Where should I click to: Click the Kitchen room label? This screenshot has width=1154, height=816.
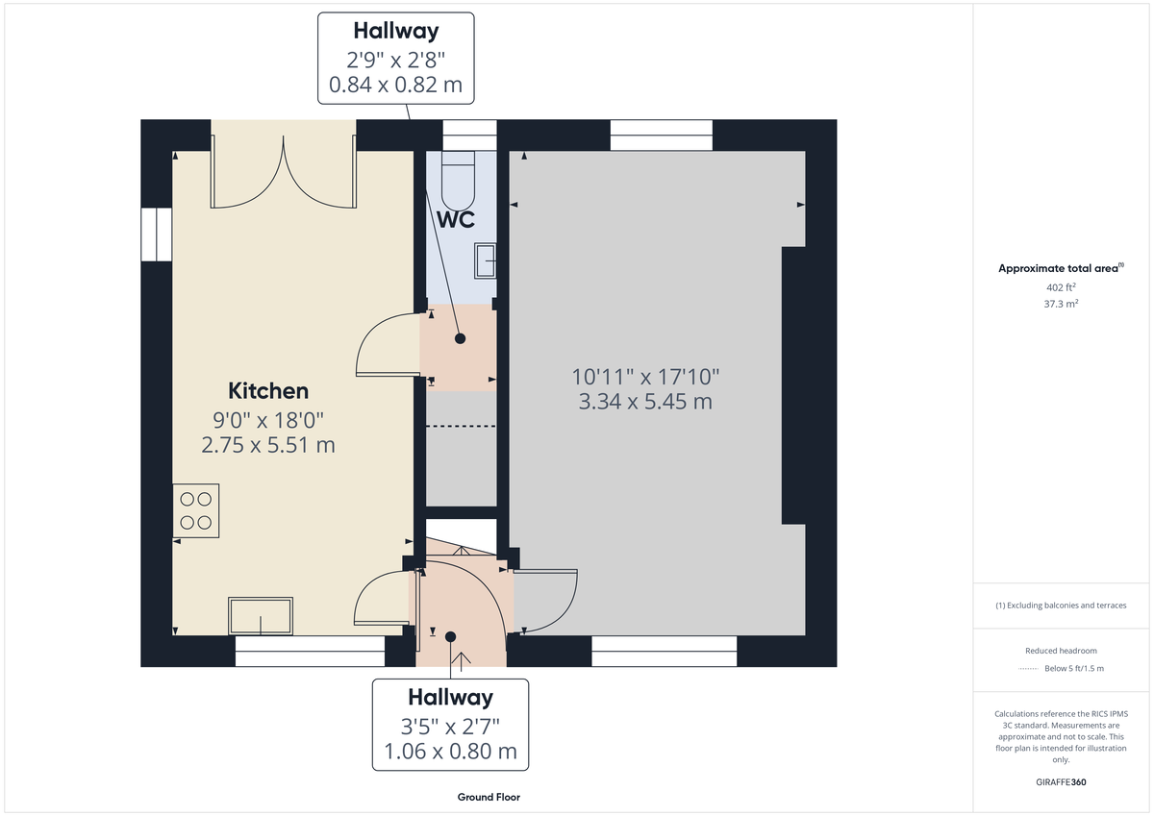tap(268, 391)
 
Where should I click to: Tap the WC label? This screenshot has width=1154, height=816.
tap(456, 219)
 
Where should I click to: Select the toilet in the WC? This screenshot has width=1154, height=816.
tap(459, 177)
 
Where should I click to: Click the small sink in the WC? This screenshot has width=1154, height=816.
tap(486, 260)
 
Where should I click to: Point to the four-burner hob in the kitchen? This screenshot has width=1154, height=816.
tap(196, 510)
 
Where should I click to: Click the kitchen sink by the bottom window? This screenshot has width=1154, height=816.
tap(260, 615)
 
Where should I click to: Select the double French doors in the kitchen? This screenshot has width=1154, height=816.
tap(284, 178)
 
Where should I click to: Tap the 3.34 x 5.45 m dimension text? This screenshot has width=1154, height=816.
tap(645, 402)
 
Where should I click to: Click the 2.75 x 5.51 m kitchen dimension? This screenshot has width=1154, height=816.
tap(268, 445)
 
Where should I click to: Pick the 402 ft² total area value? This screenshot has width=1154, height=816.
tap(1062, 287)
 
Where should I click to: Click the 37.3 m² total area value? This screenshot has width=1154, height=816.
tap(1062, 303)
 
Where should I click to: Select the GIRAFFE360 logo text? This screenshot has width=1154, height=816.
tap(1062, 782)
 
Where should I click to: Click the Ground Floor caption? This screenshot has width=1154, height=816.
tap(489, 798)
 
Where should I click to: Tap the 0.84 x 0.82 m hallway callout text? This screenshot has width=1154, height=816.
tap(395, 85)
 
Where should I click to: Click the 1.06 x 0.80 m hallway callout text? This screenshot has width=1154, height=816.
tap(450, 752)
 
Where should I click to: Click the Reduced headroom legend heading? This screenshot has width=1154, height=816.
tap(1061, 651)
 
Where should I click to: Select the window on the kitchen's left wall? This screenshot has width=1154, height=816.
tap(155, 234)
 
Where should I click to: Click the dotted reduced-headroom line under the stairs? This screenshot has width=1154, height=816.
tap(461, 426)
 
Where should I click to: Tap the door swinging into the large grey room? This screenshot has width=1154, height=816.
tap(545, 601)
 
